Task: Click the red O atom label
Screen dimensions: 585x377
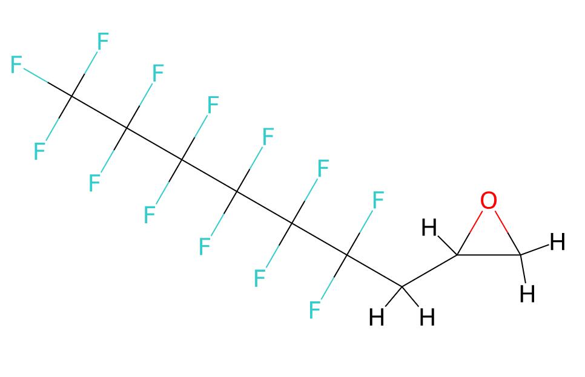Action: pyautogui.click(x=488, y=201)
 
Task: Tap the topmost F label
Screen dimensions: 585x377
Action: pyautogui.click(x=103, y=41)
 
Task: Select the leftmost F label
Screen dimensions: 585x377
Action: pyautogui.click(x=16, y=65)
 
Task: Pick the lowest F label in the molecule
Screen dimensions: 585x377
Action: pyautogui.click(x=314, y=310)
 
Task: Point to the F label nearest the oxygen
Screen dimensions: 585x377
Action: pyautogui.click(x=378, y=200)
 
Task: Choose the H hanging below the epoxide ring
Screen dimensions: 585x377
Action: pyautogui.click(x=527, y=293)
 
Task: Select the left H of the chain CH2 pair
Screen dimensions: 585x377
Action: pyautogui.click(x=376, y=318)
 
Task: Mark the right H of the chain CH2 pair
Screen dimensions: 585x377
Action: pyautogui.click(x=427, y=318)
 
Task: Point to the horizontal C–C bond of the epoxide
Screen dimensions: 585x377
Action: pyautogui.click(x=489, y=255)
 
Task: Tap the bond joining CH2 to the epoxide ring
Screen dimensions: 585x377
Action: pyautogui.click(x=430, y=271)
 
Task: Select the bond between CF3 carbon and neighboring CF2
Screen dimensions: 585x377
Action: pyautogui.click(x=99, y=113)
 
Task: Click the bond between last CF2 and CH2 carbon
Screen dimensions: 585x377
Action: pyautogui.click(x=374, y=271)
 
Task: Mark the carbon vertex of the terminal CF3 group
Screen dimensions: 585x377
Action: pyautogui.click(x=71, y=97)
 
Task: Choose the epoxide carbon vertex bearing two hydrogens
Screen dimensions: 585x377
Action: pyautogui.click(x=521, y=255)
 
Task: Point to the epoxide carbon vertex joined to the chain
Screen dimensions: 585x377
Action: pyautogui.click(x=457, y=255)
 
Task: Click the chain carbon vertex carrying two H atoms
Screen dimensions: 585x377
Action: pyautogui.click(x=402, y=287)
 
